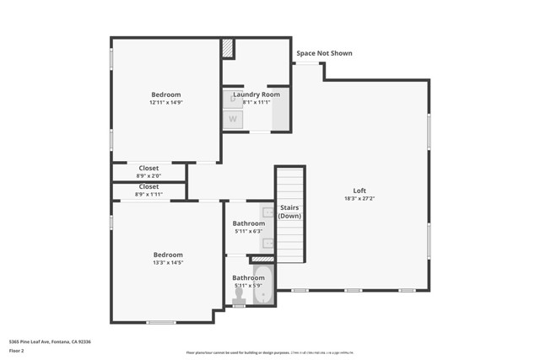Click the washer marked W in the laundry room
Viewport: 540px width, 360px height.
click(x=233, y=119)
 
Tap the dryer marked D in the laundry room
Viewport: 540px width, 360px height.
click(x=233, y=99)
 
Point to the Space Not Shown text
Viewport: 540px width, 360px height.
click(x=324, y=53)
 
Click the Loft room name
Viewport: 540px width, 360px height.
click(x=360, y=190)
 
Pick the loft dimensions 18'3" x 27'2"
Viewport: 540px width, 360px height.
click(x=360, y=199)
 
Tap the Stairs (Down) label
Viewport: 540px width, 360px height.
click(x=289, y=212)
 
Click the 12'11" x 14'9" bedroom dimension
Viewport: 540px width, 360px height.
click(x=166, y=103)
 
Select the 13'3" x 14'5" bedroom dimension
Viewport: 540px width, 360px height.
click(x=168, y=263)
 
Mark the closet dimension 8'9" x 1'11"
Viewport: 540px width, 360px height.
click(x=148, y=194)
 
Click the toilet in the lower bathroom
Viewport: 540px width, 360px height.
click(x=239, y=295)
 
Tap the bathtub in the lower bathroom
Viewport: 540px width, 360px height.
click(x=263, y=285)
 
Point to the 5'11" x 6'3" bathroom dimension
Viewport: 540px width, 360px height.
click(x=249, y=231)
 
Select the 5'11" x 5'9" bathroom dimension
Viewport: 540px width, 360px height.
click(x=249, y=286)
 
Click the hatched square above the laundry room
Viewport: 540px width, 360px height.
click(x=228, y=49)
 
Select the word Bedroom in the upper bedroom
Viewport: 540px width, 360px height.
click(x=166, y=94)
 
